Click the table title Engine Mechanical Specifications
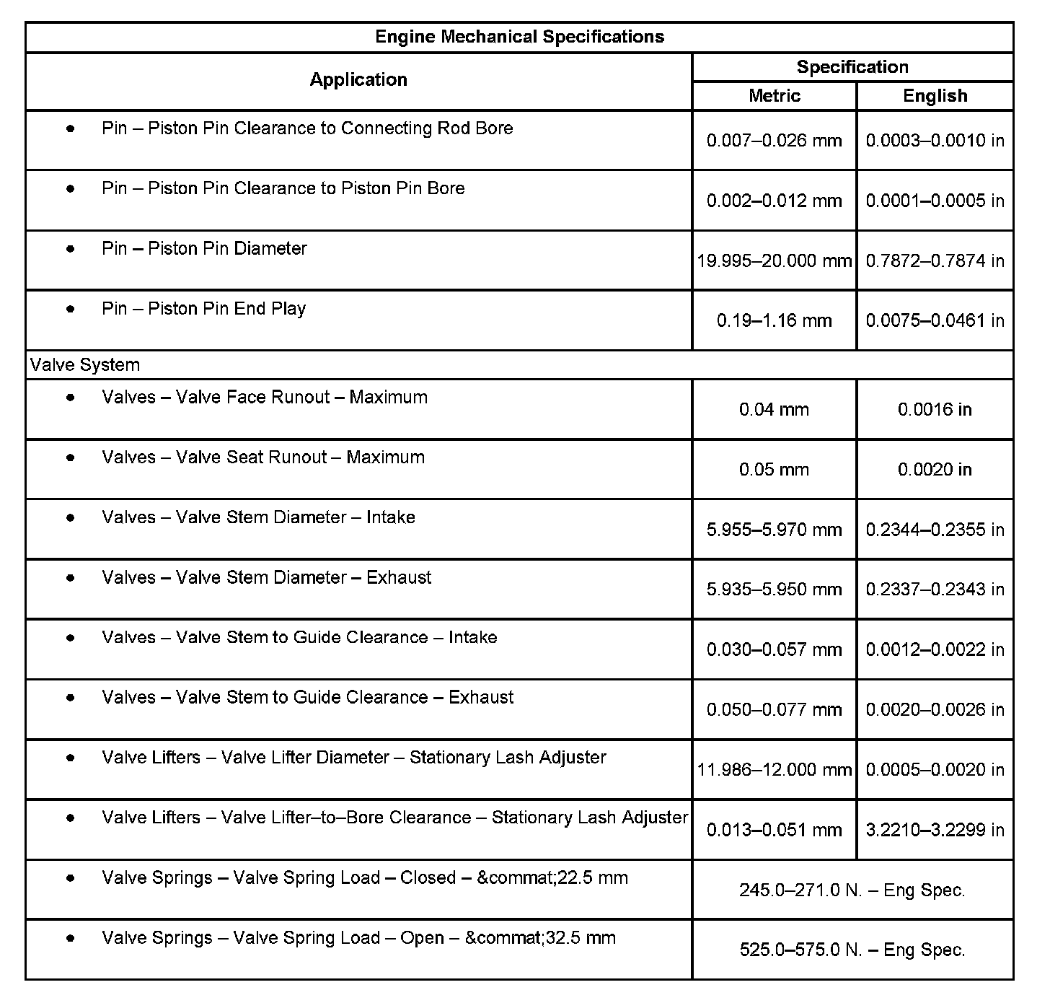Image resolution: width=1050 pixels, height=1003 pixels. click(x=519, y=37)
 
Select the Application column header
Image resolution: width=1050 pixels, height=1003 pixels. click(x=358, y=79)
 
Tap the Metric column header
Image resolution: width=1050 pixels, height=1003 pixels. click(x=775, y=96)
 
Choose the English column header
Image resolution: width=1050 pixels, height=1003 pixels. click(x=935, y=96)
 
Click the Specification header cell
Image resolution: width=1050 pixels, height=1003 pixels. click(x=852, y=67)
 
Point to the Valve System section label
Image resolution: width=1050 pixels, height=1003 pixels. click(x=85, y=365)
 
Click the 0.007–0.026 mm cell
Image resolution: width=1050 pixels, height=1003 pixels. click(x=775, y=141)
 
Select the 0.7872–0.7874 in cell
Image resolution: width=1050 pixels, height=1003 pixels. click(x=935, y=260)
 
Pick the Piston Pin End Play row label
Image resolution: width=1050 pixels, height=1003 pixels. click(x=204, y=309)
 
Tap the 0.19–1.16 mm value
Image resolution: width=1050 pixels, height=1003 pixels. click(x=775, y=320)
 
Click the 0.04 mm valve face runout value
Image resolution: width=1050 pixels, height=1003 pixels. click(x=775, y=410)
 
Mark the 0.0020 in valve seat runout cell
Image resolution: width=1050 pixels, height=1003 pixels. click(x=935, y=470)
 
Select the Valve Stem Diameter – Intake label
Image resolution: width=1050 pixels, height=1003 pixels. click(x=259, y=517)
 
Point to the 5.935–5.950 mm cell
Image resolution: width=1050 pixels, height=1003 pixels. click(x=775, y=590)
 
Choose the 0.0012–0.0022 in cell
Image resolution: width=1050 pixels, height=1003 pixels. click(x=935, y=649)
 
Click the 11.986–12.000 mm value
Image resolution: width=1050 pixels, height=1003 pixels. click(x=775, y=770)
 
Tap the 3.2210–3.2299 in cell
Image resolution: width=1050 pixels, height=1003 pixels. click(x=935, y=830)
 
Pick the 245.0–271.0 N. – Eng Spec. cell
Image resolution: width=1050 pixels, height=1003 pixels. click(x=852, y=890)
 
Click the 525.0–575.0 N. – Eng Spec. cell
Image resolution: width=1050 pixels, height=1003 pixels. click(x=852, y=950)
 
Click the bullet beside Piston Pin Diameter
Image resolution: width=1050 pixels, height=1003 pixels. click(x=70, y=249)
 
